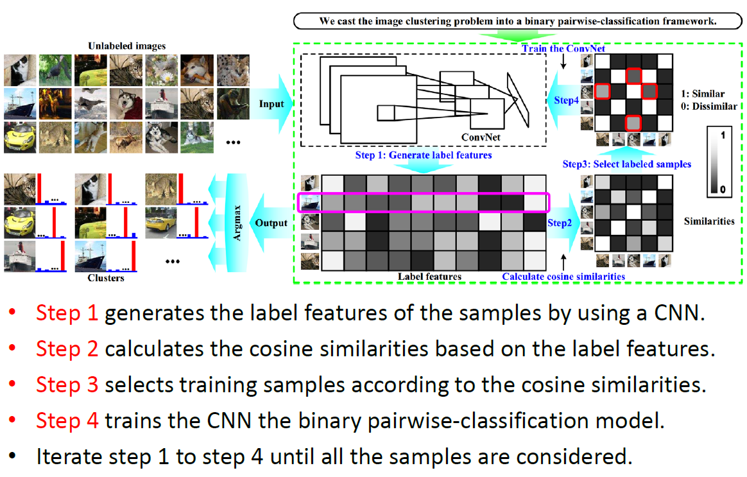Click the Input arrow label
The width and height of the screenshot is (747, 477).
(271, 104)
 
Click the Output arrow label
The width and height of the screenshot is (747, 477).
(271, 223)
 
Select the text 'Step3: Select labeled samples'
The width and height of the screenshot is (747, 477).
(626, 164)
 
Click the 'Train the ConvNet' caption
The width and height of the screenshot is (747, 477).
(563, 49)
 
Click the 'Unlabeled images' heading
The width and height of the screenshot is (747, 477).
(126, 46)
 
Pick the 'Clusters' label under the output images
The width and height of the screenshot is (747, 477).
(106, 278)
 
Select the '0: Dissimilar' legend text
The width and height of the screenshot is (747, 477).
(710, 106)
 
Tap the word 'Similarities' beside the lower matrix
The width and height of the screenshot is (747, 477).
(708, 221)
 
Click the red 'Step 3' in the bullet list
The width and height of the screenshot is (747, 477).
(67, 385)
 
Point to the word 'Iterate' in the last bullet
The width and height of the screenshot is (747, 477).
(69, 456)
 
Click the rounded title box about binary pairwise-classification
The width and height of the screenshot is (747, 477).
(518, 21)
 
